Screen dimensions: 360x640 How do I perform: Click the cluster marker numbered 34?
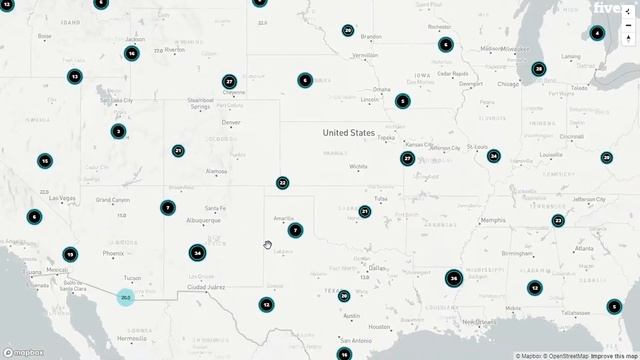point(198,253)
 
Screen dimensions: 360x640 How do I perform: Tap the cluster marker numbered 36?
point(453,279)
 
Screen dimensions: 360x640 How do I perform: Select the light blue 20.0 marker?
point(125,297)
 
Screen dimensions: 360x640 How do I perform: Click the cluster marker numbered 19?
point(69,254)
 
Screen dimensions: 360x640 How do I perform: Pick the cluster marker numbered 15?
point(45,160)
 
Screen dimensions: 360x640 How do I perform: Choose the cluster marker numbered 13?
point(74,76)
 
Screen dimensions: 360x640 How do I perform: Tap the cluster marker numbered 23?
point(558,221)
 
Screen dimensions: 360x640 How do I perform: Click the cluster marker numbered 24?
point(493,156)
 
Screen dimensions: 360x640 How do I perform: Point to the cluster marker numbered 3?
point(118,131)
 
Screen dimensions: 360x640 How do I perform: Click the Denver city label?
point(231,123)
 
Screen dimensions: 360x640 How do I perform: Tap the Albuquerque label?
point(204,220)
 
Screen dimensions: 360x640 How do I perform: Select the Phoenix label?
point(113,253)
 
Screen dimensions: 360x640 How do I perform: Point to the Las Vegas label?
point(62,198)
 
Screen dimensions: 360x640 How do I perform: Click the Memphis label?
point(492,220)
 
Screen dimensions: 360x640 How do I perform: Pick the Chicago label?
point(508,85)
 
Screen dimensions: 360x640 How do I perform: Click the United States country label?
point(348,133)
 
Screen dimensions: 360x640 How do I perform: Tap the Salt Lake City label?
point(114,101)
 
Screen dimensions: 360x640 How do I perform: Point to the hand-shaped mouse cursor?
point(267,245)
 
